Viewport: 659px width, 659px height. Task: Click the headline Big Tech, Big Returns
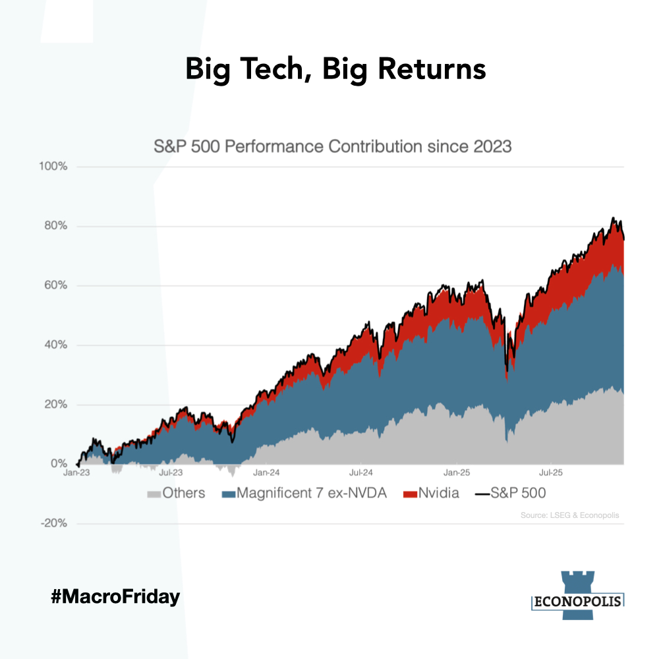click(x=335, y=69)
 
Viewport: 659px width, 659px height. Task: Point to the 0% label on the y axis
click(x=59, y=463)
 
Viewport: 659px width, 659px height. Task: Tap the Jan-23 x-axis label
click(x=77, y=473)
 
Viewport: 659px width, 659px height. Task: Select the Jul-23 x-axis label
click(x=171, y=473)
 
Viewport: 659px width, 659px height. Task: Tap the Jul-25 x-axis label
click(x=550, y=473)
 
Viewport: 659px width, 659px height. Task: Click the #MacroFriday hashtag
click(x=115, y=598)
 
